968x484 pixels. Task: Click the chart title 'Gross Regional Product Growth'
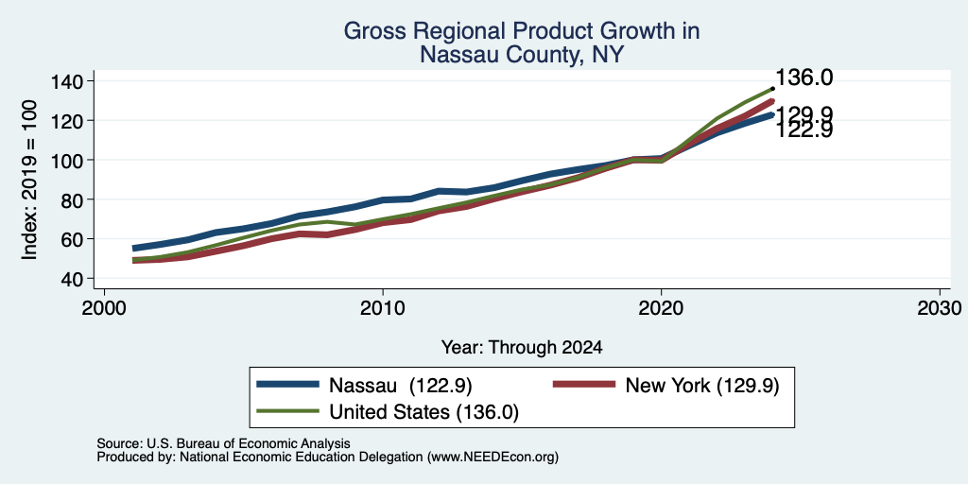point(522,31)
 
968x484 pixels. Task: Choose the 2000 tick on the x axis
point(104,307)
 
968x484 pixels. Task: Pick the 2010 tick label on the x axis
point(383,307)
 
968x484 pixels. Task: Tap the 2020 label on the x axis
point(661,307)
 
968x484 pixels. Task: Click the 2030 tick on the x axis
point(940,307)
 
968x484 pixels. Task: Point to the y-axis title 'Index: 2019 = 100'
point(29,181)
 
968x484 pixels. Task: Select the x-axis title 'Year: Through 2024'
point(522,348)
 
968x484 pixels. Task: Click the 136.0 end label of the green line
point(804,78)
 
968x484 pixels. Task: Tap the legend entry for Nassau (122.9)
point(364,385)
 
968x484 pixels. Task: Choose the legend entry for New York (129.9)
point(665,385)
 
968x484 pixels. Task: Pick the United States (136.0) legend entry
point(388,412)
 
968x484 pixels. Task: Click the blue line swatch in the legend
point(288,385)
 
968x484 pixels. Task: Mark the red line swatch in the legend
point(584,385)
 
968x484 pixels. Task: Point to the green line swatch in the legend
point(288,412)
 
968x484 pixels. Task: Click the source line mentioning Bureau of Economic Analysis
point(223,443)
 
